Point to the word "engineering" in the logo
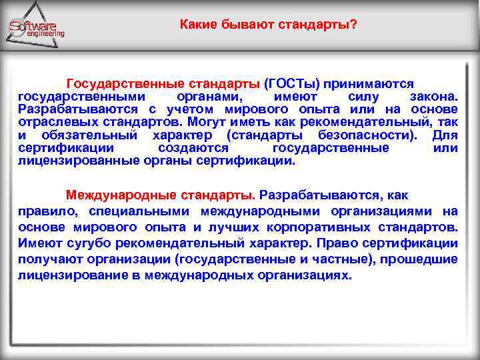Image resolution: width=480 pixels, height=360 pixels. pyautogui.click(x=45, y=33)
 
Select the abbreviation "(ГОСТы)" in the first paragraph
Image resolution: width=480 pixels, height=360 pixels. pyautogui.click(x=292, y=85)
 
